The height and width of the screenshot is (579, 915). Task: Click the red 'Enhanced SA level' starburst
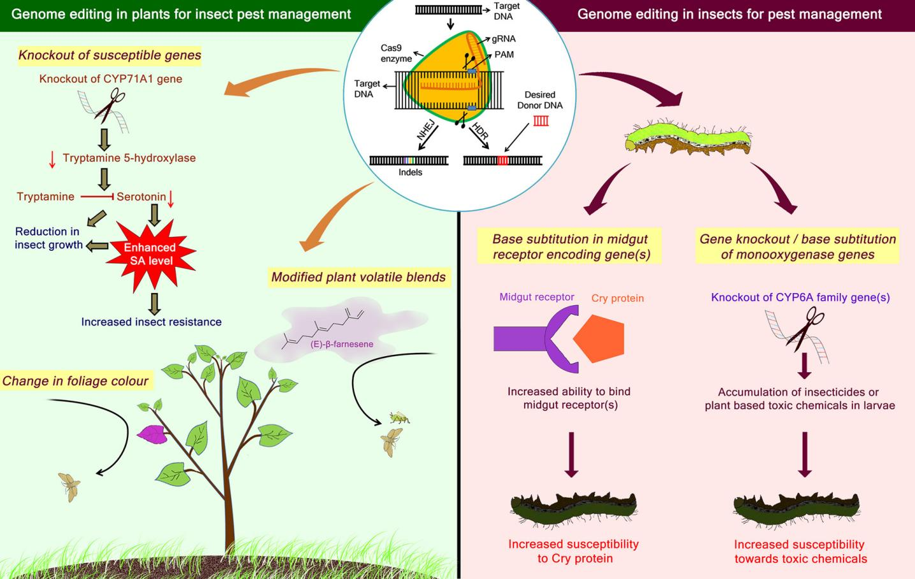click(150, 253)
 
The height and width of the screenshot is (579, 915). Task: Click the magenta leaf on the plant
click(152, 435)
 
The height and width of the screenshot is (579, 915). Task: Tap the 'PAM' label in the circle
click(504, 55)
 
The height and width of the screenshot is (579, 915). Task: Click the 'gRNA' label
click(504, 38)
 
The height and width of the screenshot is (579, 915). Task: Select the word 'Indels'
click(410, 172)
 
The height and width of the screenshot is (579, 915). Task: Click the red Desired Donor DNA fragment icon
click(541, 121)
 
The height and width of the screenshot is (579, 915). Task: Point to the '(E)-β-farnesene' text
click(342, 344)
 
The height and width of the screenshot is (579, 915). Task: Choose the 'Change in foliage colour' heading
click(75, 381)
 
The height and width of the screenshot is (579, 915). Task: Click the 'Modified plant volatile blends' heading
click(358, 277)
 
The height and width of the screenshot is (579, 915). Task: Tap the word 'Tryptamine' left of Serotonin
click(45, 197)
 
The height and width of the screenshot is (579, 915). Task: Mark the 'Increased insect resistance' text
click(151, 322)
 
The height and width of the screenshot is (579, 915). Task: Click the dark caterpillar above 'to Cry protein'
click(574, 508)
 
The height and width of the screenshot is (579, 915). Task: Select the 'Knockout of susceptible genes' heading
click(110, 56)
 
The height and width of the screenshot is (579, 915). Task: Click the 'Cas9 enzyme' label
click(396, 54)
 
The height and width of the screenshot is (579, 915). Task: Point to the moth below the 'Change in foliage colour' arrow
click(70, 486)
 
